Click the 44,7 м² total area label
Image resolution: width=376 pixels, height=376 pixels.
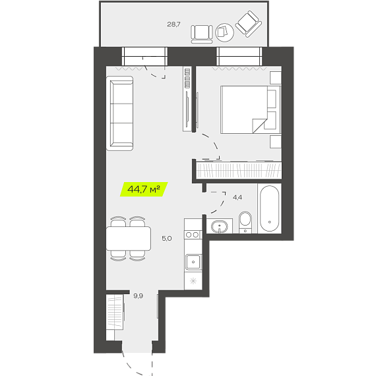(144, 189)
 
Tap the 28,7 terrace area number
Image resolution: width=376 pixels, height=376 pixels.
(173, 24)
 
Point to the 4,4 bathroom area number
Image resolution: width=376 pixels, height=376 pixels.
(237, 198)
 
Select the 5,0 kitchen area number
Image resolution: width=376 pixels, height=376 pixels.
(167, 238)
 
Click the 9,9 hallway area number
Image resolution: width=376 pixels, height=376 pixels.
(139, 296)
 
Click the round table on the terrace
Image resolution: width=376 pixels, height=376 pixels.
(224, 32)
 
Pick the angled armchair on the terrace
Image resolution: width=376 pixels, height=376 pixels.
(249, 24)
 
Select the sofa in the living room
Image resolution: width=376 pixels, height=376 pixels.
(119, 113)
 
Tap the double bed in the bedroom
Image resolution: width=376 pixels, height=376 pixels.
(251, 110)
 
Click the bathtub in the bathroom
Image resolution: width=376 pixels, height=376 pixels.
(270, 208)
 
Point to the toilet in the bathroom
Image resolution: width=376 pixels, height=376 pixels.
(245, 222)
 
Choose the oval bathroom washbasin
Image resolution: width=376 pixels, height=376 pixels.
(220, 227)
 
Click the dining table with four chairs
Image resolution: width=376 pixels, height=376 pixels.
(129, 238)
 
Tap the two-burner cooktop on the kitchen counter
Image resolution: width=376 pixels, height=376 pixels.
(193, 235)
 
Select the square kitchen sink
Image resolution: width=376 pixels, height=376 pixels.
(193, 262)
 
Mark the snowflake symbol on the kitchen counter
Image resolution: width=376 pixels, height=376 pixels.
(193, 280)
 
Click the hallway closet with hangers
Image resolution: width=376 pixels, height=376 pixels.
(115, 312)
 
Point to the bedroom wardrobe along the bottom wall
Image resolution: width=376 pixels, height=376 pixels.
(239, 170)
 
